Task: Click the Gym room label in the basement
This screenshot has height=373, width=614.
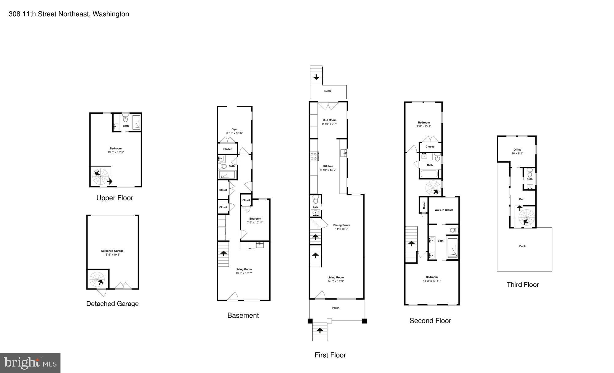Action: (234, 129)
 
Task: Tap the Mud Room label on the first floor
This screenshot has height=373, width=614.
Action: (329, 120)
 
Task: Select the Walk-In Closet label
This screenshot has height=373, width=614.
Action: (444, 210)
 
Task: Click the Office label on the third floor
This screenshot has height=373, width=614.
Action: (517, 150)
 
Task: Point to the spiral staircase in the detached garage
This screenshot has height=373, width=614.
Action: (97, 279)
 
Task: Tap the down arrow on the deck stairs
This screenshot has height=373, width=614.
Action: (316, 77)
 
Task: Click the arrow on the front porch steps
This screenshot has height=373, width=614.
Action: (320, 331)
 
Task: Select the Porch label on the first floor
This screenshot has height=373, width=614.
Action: (335, 308)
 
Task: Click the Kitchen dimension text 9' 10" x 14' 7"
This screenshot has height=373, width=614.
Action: (328, 170)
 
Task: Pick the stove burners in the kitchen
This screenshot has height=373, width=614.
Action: (314, 156)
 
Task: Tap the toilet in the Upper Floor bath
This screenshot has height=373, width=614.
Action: (125, 118)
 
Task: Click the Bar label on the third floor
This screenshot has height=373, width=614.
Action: (521, 199)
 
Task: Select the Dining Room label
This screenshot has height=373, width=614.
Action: (341, 225)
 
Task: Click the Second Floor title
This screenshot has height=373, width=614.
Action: (430, 321)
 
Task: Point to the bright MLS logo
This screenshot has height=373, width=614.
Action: (30, 363)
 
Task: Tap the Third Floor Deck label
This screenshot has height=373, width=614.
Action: (522, 246)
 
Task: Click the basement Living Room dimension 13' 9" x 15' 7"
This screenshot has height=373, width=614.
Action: (243, 273)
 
